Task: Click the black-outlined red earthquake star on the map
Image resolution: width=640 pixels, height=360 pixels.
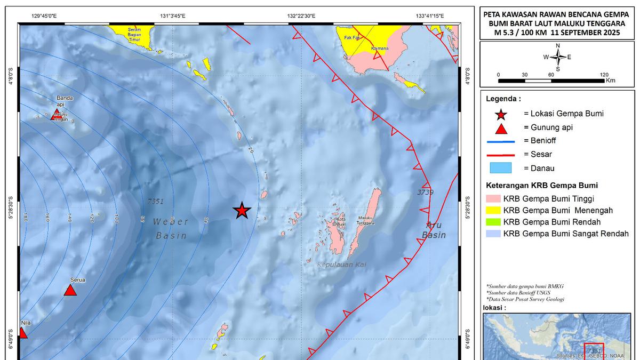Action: [x=242, y=211]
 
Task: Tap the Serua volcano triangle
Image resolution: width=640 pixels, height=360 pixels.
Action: [x=70, y=290]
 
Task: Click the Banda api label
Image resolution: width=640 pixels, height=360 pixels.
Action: [x=65, y=101]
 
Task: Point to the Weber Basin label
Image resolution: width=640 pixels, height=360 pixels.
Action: [x=170, y=228]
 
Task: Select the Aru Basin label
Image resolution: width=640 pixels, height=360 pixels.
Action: [x=434, y=229]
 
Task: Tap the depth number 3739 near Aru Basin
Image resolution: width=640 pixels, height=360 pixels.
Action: [x=426, y=192]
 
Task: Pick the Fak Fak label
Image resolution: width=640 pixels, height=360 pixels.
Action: [x=353, y=38]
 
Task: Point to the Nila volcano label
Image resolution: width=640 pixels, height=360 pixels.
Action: [x=26, y=323]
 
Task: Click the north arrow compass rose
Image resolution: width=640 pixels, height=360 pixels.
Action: [x=558, y=57]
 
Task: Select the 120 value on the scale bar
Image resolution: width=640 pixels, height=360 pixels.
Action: [x=604, y=75]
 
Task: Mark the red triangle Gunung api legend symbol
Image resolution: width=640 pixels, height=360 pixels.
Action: [x=501, y=129]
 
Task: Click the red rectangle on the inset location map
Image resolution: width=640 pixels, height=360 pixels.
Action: [x=594, y=351]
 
